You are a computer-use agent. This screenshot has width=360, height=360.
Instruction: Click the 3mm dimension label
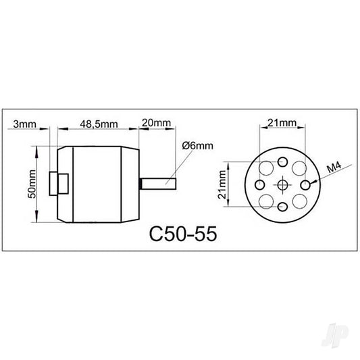tap(26, 124)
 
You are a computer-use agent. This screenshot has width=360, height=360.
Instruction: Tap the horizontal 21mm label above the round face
tap(281, 123)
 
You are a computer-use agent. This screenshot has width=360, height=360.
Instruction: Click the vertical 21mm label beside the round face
tap(222, 183)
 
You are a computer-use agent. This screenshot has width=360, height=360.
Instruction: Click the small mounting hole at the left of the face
tap(259, 184)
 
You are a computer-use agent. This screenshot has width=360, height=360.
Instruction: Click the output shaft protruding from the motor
tap(158, 182)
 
